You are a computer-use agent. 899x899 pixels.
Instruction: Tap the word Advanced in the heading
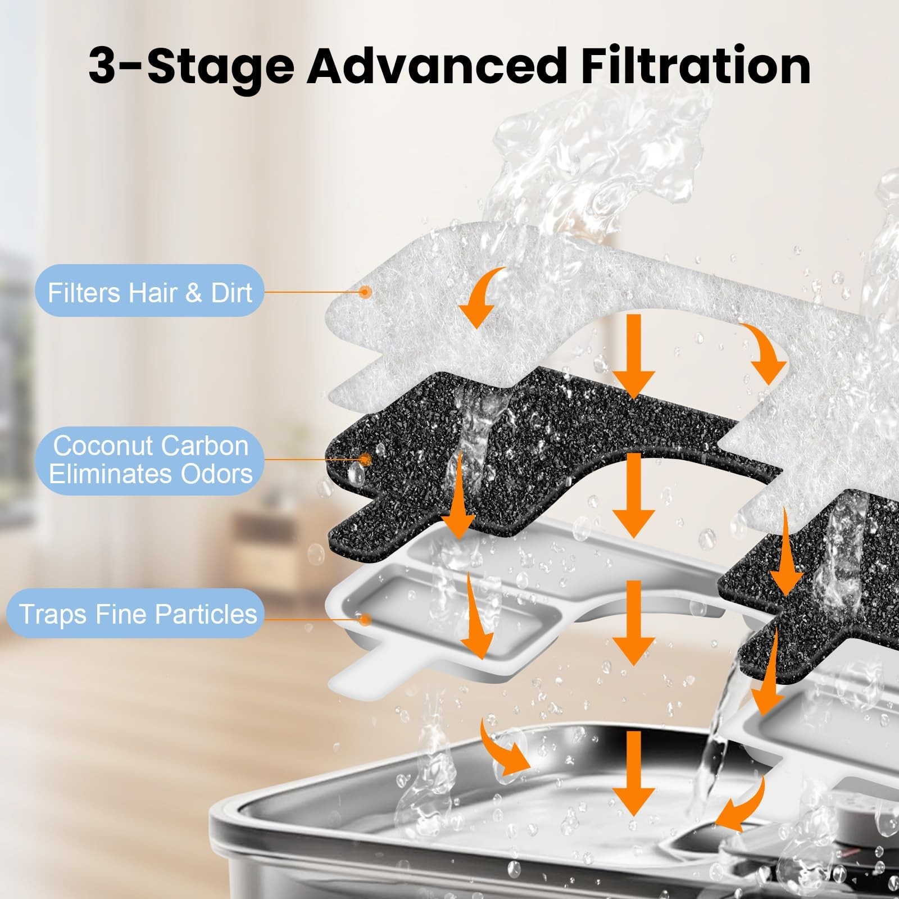[x=437, y=66]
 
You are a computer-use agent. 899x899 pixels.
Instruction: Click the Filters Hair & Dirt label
[x=149, y=292]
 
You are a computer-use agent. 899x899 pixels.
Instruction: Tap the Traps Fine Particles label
[x=137, y=614]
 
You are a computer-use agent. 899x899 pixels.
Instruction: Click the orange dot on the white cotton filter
[x=365, y=292]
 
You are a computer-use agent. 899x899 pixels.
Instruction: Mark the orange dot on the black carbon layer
[x=365, y=460]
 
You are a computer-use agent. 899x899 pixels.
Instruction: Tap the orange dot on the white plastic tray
[x=365, y=620]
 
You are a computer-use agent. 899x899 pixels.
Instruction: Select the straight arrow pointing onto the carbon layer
[x=633, y=357]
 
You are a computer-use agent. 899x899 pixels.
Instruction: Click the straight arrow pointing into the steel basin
[x=633, y=773]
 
